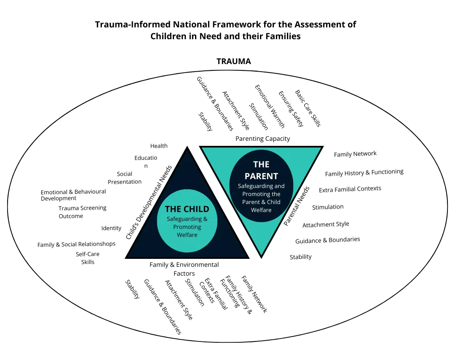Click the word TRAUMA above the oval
pyautogui.click(x=233, y=62)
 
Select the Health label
pyautogui.click(x=159, y=146)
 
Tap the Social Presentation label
pyautogui.click(x=125, y=178)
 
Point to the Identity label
pyautogui.click(x=111, y=228)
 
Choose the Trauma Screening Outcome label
pyautogui.click(x=82, y=212)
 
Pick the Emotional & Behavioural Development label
pyautogui.click(x=73, y=195)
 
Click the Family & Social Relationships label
pyautogui.click(x=76, y=244)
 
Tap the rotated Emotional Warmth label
pyautogui.click(x=270, y=106)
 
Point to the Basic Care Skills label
pyautogui.click(x=308, y=108)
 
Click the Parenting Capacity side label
pyautogui.click(x=262, y=138)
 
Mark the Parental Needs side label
pyautogui.click(x=297, y=207)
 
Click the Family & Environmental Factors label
pyautogui.click(x=184, y=269)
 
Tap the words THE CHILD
pyautogui.click(x=187, y=209)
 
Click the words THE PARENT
pyautogui.click(x=261, y=170)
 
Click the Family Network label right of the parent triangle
pyautogui.click(x=355, y=154)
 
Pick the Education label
pyautogui.click(x=146, y=161)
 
